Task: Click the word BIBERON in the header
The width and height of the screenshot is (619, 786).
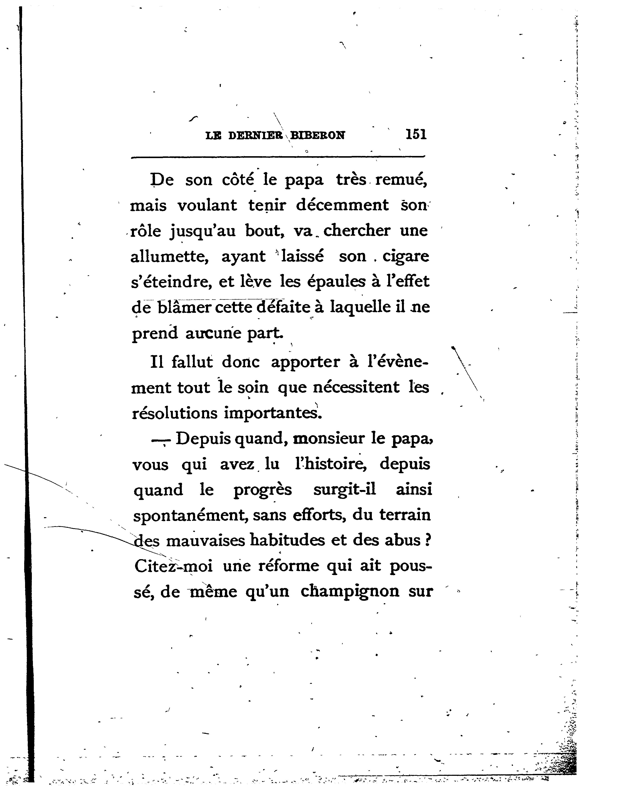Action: (318, 135)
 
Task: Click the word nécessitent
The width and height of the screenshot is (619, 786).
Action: (356, 387)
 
